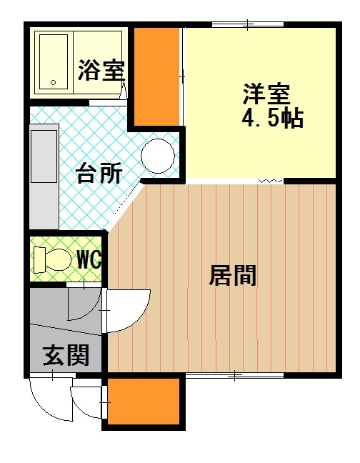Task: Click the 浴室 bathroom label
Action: coord(101,70)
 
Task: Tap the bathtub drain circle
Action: coord(54,82)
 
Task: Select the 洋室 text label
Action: coord(266,94)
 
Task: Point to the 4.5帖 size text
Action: coord(272,118)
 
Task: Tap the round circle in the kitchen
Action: coord(158,156)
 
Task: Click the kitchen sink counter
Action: coord(44,176)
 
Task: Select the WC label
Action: coord(89,259)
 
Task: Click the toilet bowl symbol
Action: coord(59,259)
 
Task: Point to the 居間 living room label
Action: coord(233,276)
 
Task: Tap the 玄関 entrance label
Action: coord(66,355)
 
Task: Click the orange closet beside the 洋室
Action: coord(156,76)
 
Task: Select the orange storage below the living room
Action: coord(144,402)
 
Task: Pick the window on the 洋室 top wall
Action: coord(248,25)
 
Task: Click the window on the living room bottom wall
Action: coord(234,375)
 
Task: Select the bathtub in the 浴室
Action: coord(54,62)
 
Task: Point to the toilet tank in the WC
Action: coord(39,260)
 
